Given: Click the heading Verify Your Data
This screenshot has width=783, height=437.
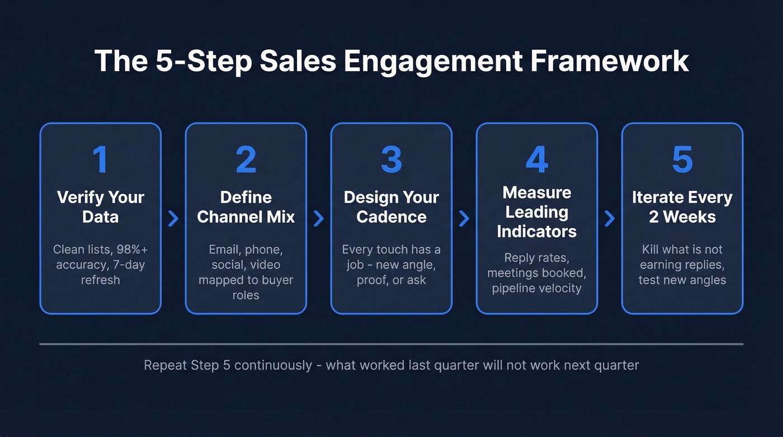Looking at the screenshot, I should coord(101,206).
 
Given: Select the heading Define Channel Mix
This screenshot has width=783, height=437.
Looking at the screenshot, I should coord(246,206).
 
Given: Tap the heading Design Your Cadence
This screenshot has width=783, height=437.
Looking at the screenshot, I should coord(391,206).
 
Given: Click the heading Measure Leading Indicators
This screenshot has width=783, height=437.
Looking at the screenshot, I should coord(537,212).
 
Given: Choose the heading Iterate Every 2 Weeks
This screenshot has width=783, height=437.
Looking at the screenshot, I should coord(682,206).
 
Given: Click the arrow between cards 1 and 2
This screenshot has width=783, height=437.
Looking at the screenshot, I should coord(173,218).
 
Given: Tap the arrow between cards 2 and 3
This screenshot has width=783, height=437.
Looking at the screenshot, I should coord(319,218).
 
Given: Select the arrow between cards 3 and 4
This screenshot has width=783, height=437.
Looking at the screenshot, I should coord(464,218).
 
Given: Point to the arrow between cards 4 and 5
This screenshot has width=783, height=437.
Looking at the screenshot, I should coord(610,218).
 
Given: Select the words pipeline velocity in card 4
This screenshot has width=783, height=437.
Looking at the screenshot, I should coord(537,288).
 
